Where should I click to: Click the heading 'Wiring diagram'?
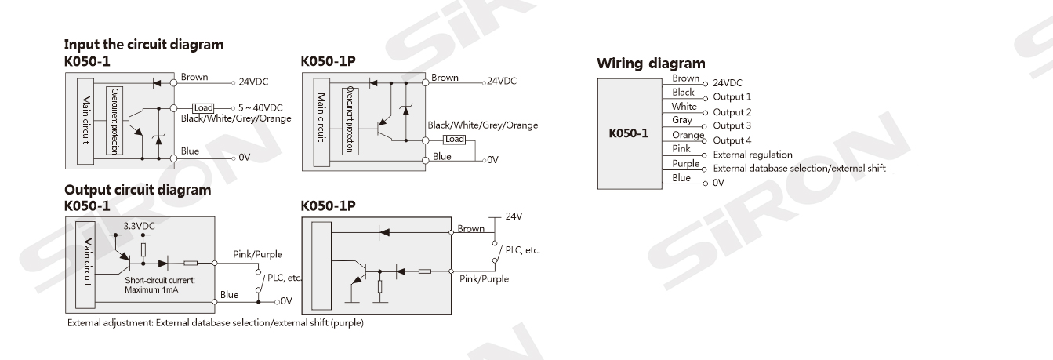click(x=651, y=63)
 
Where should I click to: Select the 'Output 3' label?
click(x=732, y=125)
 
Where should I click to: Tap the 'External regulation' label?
click(x=752, y=155)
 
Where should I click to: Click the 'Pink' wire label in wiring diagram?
click(x=681, y=148)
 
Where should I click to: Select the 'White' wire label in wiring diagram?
click(x=684, y=106)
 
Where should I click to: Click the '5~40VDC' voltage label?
click(x=258, y=107)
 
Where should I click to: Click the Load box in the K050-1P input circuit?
click(x=454, y=140)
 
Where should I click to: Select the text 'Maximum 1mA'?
click(x=151, y=288)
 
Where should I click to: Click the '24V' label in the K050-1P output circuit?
click(x=514, y=216)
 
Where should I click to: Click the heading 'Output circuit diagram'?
click(x=137, y=190)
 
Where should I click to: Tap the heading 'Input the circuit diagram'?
click(x=143, y=45)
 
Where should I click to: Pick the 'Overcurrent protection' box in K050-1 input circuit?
click(x=116, y=121)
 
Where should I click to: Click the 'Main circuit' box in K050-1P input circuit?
click(x=321, y=121)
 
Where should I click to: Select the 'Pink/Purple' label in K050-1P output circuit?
click(x=484, y=278)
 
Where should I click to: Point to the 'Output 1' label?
click(x=732, y=97)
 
